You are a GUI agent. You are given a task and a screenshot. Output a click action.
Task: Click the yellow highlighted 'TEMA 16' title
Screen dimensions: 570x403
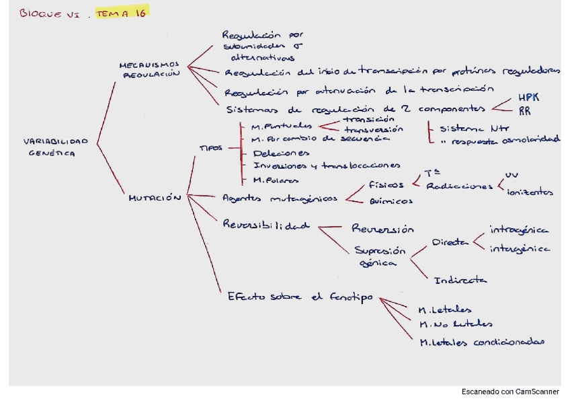[x=121, y=12]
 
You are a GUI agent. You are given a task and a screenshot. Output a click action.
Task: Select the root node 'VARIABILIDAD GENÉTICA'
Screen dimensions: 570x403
[x=56, y=147]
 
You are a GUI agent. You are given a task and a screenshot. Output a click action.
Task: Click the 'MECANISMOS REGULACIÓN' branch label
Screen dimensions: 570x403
[x=149, y=69]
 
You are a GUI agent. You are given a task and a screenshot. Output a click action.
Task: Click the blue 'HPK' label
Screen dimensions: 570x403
[x=528, y=98]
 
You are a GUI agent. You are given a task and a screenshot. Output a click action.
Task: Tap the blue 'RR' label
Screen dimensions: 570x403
[x=524, y=111]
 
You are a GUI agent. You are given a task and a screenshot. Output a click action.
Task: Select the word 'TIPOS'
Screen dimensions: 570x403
[x=210, y=147]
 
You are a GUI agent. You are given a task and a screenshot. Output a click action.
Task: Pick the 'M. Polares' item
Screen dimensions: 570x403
[x=276, y=180]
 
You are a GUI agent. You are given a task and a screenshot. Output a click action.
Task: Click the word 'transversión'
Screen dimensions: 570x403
[x=374, y=129]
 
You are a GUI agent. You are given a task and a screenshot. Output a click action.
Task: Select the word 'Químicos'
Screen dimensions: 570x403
[x=391, y=200]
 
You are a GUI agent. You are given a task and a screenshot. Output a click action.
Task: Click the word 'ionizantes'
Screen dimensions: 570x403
[x=530, y=192]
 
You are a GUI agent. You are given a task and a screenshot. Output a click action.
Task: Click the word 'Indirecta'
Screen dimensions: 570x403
[x=460, y=280]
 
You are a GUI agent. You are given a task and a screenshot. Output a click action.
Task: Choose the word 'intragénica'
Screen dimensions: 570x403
[x=519, y=230]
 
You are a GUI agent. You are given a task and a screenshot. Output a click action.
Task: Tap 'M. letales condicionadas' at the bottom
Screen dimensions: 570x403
[x=481, y=342]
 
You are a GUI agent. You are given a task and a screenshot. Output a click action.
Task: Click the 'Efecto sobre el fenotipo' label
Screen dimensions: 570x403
[x=299, y=297]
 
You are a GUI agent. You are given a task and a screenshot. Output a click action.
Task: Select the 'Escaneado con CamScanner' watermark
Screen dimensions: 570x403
[x=510, y=392]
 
